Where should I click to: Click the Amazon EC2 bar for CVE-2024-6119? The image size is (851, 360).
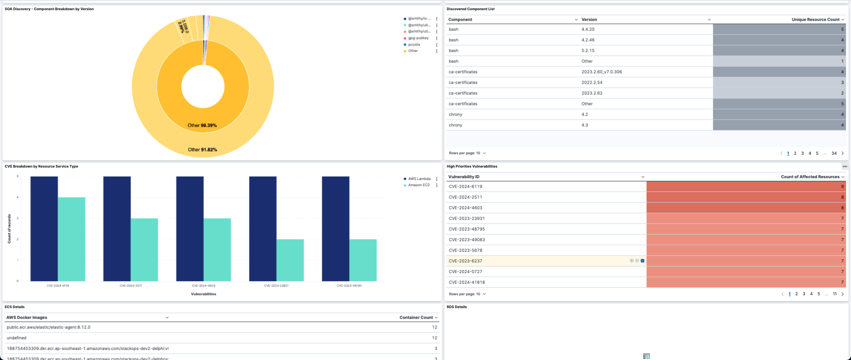point(71,239)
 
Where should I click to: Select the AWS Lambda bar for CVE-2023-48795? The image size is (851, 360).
point(336,228)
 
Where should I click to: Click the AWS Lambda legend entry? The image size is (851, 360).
point(419,179)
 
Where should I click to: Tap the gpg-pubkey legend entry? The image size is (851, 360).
point(418,38)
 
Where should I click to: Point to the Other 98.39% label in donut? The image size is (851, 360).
point(202,125)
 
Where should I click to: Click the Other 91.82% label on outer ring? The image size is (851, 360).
point(202,150)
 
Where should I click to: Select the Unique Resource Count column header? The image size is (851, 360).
point(815,20)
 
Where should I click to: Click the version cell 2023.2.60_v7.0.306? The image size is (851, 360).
point(601,72)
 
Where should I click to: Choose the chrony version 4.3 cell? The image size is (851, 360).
point(585,125)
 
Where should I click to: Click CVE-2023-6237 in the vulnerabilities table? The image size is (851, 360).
point(465,261)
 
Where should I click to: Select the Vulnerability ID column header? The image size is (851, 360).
point(464,177)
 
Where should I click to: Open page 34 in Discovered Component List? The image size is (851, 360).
point(834,153)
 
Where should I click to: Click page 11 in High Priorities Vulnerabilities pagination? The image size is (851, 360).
point(835,294)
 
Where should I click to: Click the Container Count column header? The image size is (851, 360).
point(416,317)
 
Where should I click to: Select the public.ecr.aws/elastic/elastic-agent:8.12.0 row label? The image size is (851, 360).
point(48,327)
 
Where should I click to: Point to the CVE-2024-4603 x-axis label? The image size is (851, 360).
point(203,286)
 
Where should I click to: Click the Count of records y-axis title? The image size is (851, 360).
point(9,229)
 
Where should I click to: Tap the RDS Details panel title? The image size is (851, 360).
point(457,307)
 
